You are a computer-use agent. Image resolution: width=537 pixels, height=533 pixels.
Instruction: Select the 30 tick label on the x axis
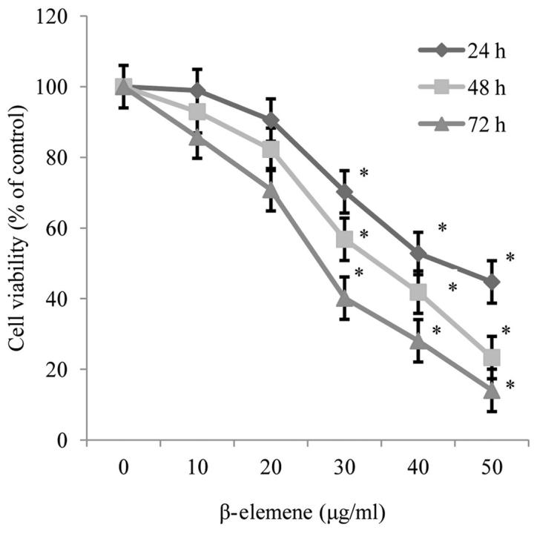pos(344,468)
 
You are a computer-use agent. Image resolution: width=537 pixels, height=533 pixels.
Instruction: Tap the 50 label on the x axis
pos(491,468)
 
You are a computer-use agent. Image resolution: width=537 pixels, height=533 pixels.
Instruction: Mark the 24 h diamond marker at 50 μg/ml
pos(491,282)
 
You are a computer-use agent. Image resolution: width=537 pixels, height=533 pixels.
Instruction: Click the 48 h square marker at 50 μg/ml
pos(491,358)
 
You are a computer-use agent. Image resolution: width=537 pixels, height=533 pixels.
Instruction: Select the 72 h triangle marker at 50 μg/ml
pos(491,389)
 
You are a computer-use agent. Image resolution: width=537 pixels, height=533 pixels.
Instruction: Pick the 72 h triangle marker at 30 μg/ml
pos(344,298)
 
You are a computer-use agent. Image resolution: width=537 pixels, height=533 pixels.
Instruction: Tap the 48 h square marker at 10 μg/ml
pos(197,112)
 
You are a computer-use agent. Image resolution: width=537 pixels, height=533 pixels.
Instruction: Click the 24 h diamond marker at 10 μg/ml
pos(197,90)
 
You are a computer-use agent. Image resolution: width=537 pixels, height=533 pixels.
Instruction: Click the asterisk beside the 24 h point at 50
pos(510,258)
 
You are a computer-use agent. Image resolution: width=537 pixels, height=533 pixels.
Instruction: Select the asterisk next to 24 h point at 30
pos(363,173)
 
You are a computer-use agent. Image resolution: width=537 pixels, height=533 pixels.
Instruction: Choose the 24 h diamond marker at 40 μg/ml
pos(418,254)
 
